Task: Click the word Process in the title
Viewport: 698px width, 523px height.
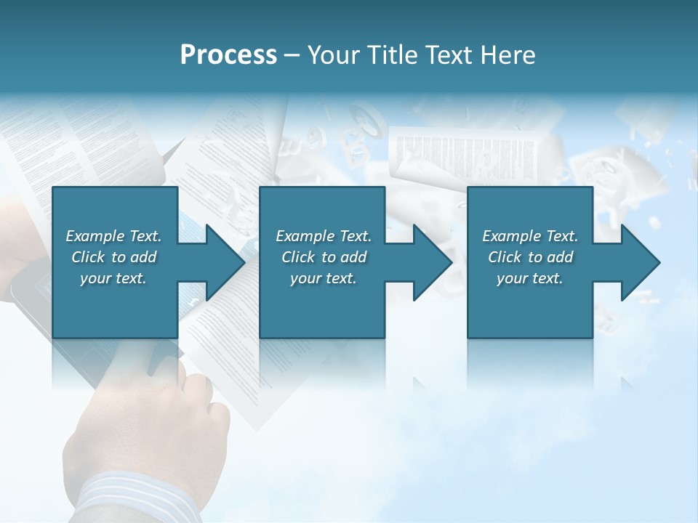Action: pyautogui.click(x=228, y=55)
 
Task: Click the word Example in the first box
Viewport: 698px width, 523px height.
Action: pyautogui.click(x=95, y=236)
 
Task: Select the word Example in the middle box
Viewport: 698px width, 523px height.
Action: pyautogui.click(x=305, y=236)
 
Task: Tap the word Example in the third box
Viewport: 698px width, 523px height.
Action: pyautogui.click(x=511, y=236)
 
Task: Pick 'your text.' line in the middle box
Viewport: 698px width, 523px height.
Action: pyautogui.click(x=323, y=278)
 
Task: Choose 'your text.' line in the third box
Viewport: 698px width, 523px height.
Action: pyautogui.click(x=529, y=278)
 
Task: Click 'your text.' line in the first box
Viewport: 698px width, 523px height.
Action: pyautogui.click(x=113, y=278)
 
